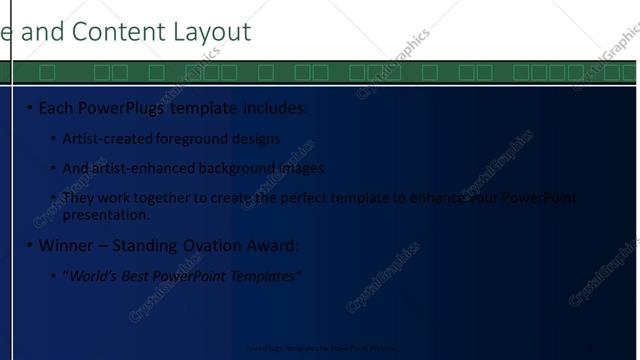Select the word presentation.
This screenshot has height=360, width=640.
[106, 214]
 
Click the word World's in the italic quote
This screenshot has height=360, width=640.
[95, 275]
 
